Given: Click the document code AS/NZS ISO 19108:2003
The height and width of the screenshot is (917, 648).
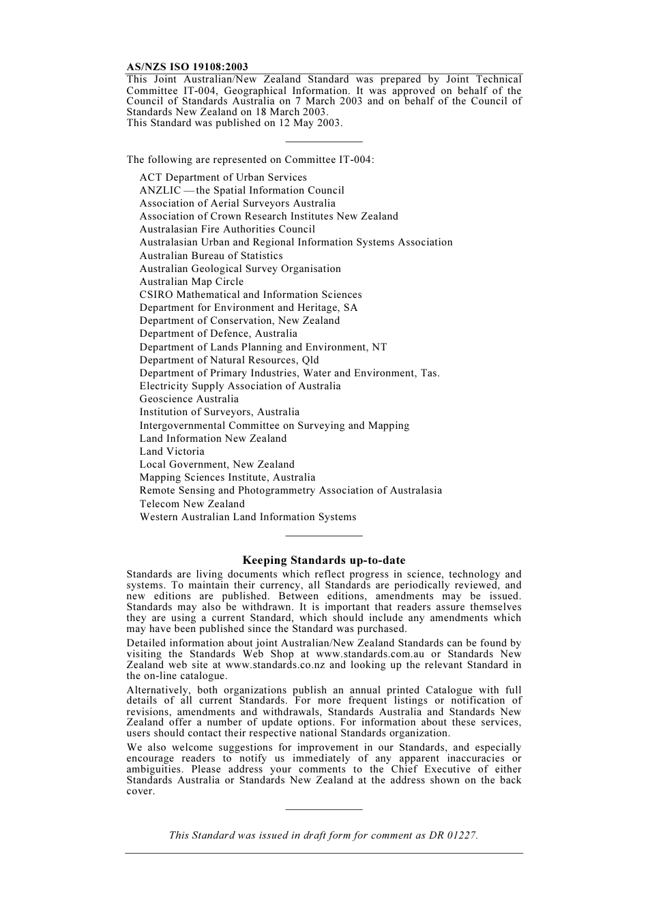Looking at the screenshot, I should tap(187, 67).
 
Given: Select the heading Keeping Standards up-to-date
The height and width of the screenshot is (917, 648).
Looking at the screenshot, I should tap(324, 560).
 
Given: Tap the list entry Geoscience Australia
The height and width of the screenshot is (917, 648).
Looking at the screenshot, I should tap(189, 399).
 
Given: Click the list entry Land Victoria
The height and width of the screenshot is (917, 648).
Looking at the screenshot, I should tap(172, 451).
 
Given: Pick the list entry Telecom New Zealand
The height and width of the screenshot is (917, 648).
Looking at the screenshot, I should tap(192, 504).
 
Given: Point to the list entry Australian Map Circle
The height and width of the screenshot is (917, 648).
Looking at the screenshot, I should tap(191, 282).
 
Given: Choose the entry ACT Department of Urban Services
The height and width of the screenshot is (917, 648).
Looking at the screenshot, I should tap(223, 177).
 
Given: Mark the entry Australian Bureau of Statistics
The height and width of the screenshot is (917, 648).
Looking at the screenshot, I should tap(211, 256).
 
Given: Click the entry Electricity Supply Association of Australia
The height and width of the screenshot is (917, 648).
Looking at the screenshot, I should tap(240, 386).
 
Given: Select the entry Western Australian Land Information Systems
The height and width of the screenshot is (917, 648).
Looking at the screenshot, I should tap(248, 517).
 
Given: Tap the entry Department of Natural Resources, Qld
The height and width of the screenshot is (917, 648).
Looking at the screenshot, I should tap(229, 360).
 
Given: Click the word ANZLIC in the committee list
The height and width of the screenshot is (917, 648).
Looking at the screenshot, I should tap(160, 190).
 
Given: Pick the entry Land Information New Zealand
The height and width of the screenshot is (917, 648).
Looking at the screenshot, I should tap(213, 438).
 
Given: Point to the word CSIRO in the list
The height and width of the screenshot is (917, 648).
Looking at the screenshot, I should tap(156, 295).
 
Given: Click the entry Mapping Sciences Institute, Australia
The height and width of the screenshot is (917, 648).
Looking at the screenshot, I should tap(227, 477).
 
